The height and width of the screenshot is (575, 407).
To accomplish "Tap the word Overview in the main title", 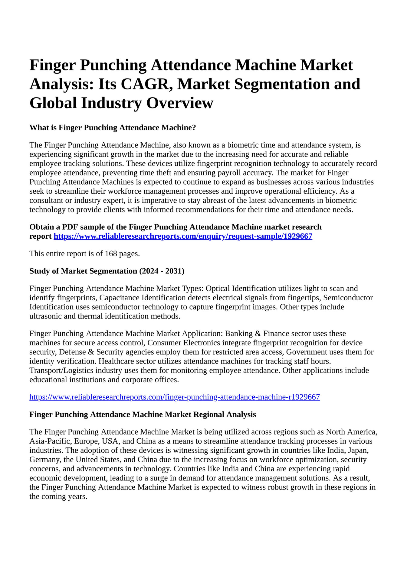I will coord(180,103).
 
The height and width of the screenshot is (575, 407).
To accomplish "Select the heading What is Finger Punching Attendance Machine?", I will coord(113,128).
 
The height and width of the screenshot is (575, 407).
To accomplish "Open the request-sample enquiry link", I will coord(183,236).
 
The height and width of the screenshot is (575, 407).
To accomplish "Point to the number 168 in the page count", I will coord(111,254).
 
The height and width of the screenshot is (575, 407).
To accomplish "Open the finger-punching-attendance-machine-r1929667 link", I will coord(175,397).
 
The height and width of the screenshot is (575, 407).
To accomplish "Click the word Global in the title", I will coord(53,103).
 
